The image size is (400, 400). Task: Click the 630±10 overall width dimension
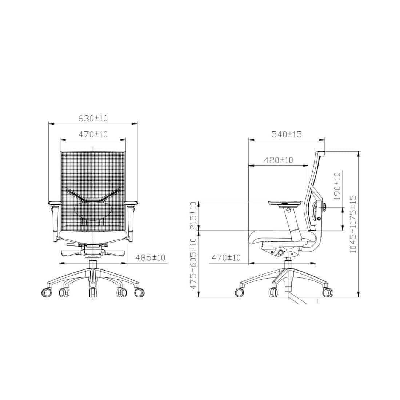click(93, 119)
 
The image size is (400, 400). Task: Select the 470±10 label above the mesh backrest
click(93, 135)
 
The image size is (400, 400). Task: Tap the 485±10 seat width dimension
click(151, 258)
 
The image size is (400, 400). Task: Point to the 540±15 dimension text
click(287, 134)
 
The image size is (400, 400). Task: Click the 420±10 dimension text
click(279, 160)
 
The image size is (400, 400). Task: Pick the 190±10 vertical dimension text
click(337, 186)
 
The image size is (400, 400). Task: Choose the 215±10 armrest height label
click(194, 216)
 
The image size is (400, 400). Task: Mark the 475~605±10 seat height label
click(194, 264)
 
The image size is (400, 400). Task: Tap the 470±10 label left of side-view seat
click(226, 258)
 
